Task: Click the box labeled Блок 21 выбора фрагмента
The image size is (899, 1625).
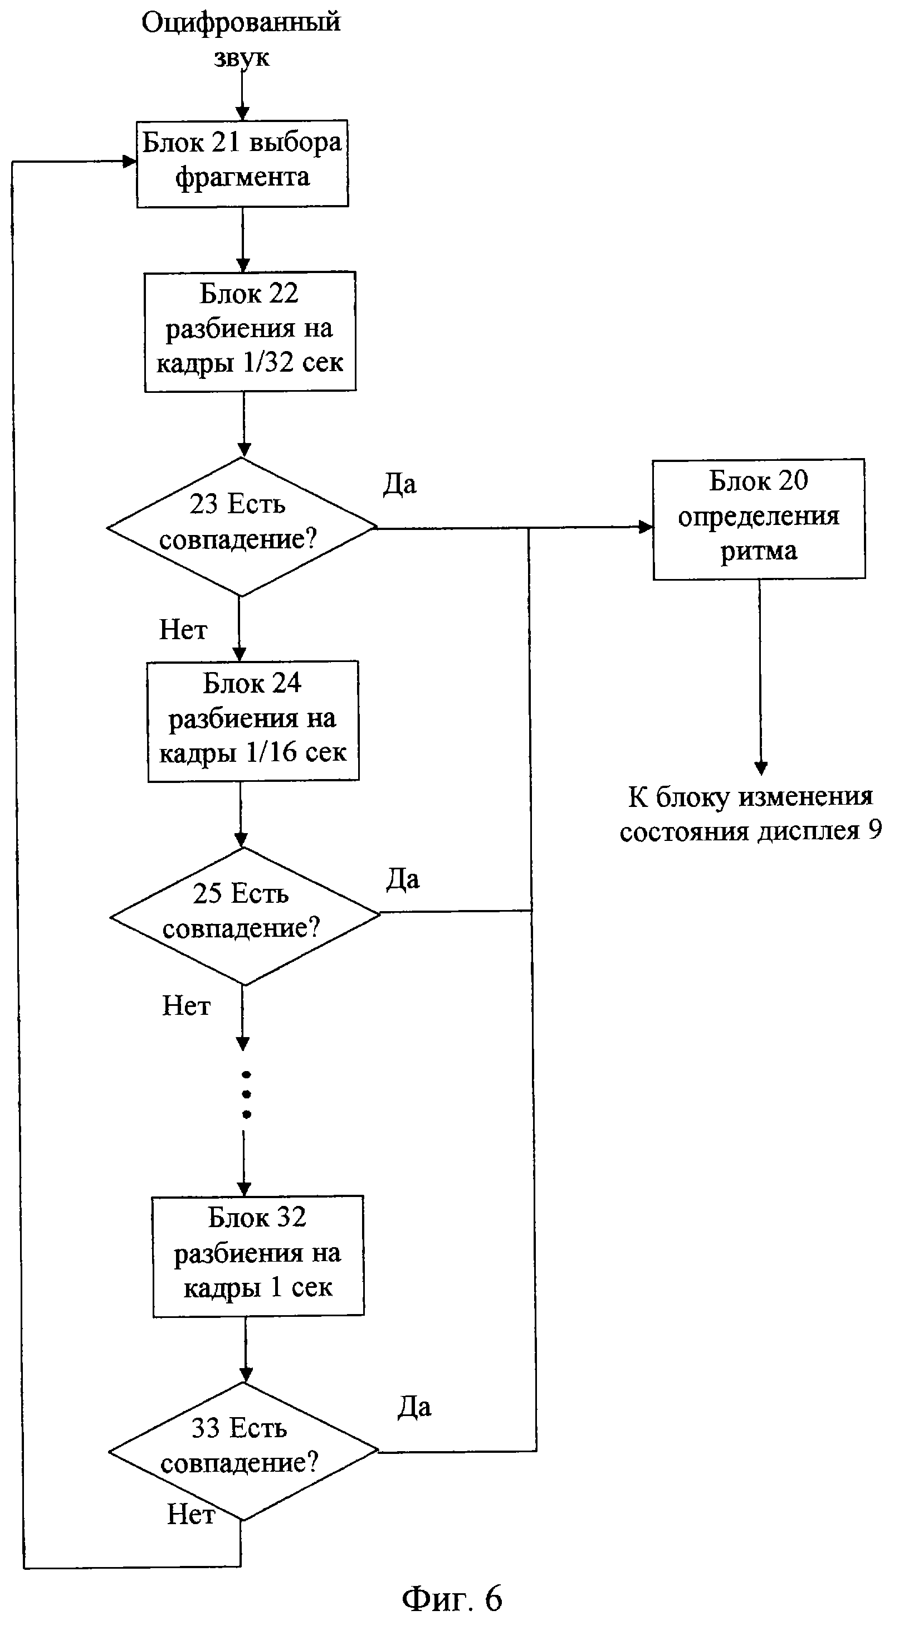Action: pyautogui.click(x=243, y=163)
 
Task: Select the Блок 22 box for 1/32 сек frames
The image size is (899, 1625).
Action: pyautogui.click(x=250, y=331)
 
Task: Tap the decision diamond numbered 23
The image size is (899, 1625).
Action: pyautogui.click(x=241, y=526)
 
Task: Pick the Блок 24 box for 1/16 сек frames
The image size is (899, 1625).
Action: pyautogui.click(x=253, y=721)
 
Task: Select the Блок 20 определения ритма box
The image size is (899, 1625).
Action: pyautogui.click(x=759, y=518)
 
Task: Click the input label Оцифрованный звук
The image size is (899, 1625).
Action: pyautogui.click(x=241, y=39)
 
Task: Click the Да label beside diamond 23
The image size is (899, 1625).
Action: pyautogui.click(x=400, y=484)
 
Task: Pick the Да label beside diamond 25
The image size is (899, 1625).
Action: pyautogui.click(x=402, y=879)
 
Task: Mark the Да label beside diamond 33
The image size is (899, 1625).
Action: pyautogui.click(x=414, y=1407)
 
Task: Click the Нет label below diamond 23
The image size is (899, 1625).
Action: pyautogui.click(x=183, y=630)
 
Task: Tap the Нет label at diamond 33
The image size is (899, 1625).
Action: pyautogui.click(x=190, y=1514)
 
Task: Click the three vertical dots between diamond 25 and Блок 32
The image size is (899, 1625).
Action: pyautogui.click(x=247, y=1094)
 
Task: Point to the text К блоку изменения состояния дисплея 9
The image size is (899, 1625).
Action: pyautogui.click(x=750, y=814)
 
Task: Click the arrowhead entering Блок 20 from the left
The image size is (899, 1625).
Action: pyautogui.click(x=646, y=527)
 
